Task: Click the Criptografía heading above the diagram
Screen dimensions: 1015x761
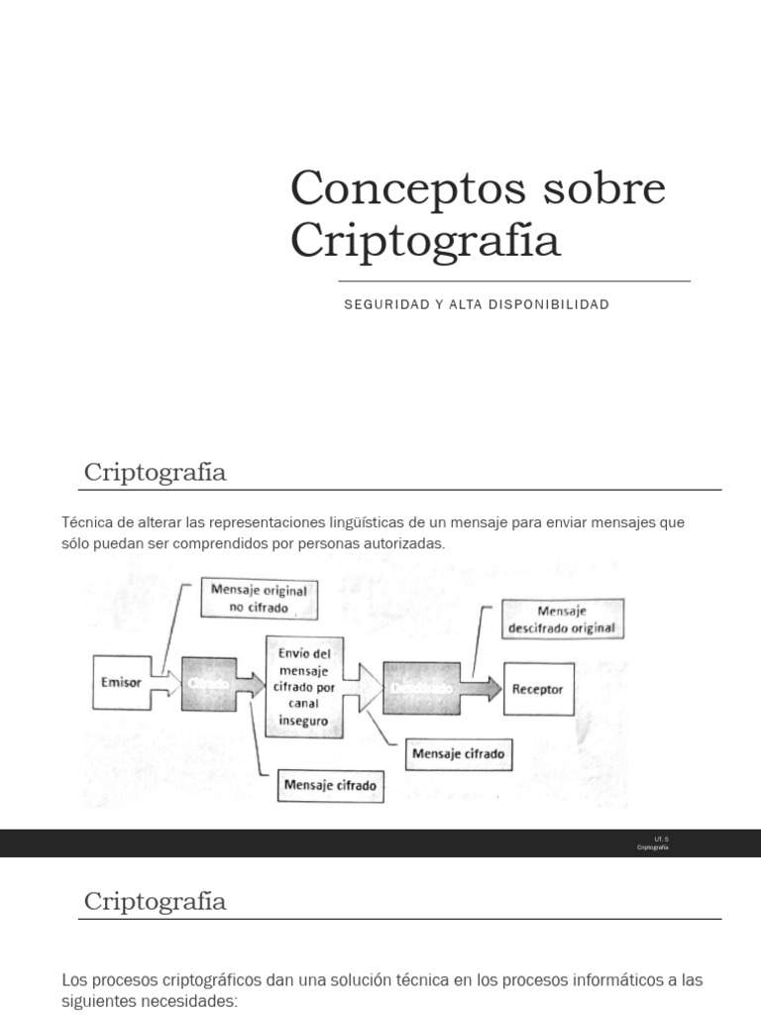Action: pyautogui.click(x=155, y=472)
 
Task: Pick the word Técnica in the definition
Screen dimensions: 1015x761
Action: pyautogui.click(x=85, y=522)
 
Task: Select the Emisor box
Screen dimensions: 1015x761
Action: pyautogui.click(x=121, y=682)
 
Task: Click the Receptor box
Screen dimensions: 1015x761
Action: pyautogui.click(x=538, y=689)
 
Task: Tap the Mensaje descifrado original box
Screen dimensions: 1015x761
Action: pyautogui.click(x=562, y=619)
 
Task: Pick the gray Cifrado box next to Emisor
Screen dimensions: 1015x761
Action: pyautogui.click(x=209, y=684)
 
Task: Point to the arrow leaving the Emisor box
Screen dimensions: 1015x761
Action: pyautogui.click(x=164, y=683)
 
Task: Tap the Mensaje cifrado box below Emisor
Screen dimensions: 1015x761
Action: pyautogui.click(x=330, y=785)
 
